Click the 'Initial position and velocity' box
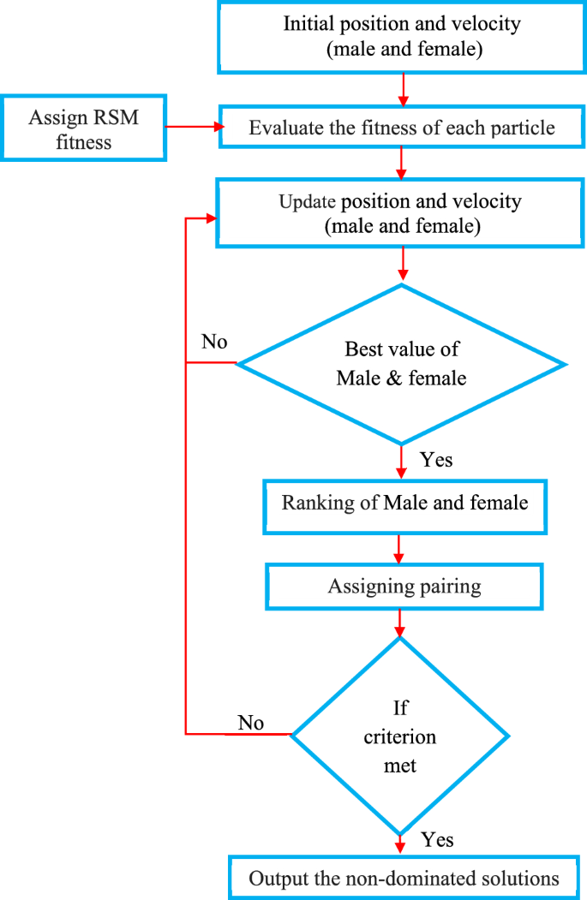401,36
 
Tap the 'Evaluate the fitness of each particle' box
402,128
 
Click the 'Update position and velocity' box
402,214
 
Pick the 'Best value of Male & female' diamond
401,363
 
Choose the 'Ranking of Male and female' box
404,503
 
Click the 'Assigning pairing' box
404,587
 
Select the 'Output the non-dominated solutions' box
404,878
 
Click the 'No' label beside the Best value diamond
214,343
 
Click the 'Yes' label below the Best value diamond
436,460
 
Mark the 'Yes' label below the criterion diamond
437,839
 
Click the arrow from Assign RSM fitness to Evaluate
193,128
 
